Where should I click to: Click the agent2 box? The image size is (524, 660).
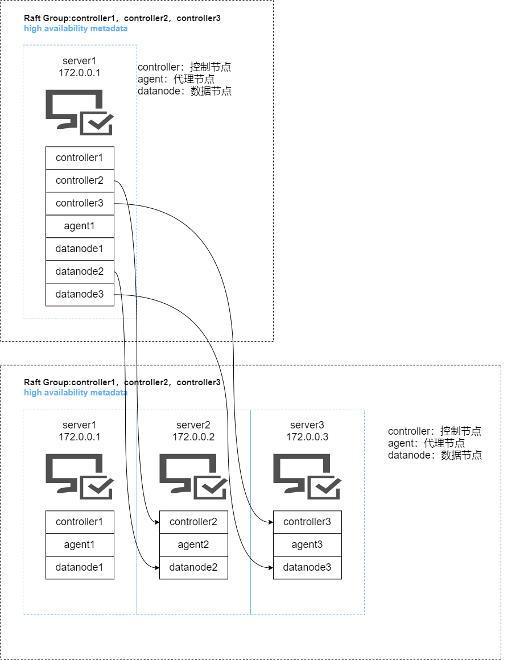pyautogui.click(x=193, y=544)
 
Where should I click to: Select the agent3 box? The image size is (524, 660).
pyautogui.click(x=307, y=544)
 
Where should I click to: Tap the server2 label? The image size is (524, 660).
pyautogui.click(x=193, y=425)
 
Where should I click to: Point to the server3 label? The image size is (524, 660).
pyautogui.click(x=307, y=425)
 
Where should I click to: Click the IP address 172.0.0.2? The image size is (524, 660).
pyautogui.click(x=193, y=436)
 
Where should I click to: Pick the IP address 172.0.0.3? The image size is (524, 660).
pyautogui.click(x=307, y=436)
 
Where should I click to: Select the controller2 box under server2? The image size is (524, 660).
pyautogui.click(x=193, y=522)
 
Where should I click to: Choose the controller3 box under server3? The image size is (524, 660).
pyautogui.click(x=307, y=522)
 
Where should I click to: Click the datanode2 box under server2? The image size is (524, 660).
pyautogui.click(x=193, y=567)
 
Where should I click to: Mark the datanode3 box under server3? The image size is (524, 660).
pyautogui.click(x=307, y=567)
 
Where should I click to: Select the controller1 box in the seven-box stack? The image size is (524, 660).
pyautogui.click(x=80, y=158)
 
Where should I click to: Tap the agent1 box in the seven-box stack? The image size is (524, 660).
pyautogui.click(x=80, y=226)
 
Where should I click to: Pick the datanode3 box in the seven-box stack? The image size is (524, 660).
pyautogui.click(x=80, y=294)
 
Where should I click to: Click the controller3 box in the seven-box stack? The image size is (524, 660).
pyautogui.click(x=80, y=203)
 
